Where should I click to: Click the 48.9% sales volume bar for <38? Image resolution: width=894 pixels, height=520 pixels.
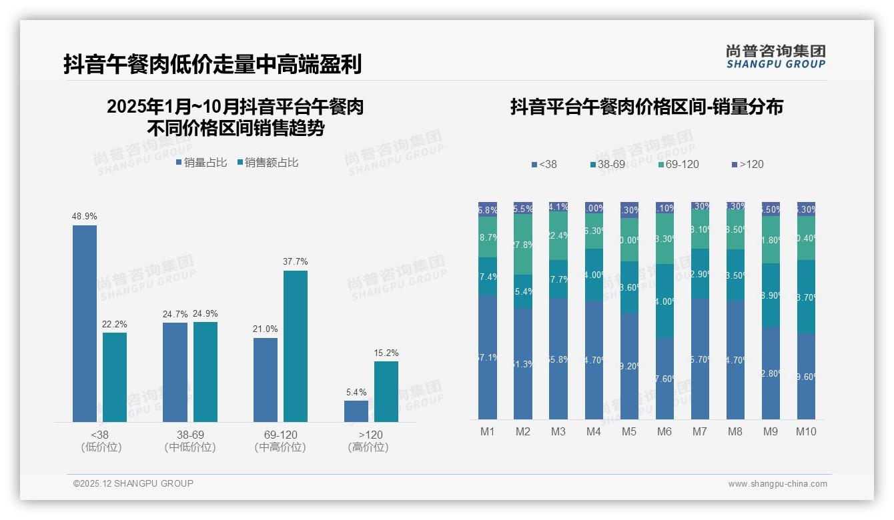click(x=85, y=323)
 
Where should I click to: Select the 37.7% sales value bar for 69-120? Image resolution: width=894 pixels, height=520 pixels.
click(x=296, y=346)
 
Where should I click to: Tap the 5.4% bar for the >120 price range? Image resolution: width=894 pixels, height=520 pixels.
click(x=356, y=411)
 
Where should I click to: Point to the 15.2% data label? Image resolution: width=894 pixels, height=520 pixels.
click(x=386, y=353)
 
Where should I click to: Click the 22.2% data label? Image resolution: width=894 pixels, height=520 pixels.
click(x=115, y=324)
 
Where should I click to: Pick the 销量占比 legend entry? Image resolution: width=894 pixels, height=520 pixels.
click(x=201, y=163)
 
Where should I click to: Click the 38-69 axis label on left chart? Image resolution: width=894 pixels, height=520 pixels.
click(x=189, y=435)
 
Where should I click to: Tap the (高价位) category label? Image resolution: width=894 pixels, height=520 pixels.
click(x=368, y=447)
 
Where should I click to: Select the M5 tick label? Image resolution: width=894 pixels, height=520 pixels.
click(x=629, y=432)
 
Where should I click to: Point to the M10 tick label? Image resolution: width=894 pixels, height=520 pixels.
click(x=806, y=432)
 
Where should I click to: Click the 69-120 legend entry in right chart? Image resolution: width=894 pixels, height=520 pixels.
click(x=678, y=164)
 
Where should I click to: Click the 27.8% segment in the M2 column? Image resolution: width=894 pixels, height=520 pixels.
click(x=523, y=245)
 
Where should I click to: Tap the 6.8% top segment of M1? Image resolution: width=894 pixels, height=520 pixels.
click(x=488, y=209)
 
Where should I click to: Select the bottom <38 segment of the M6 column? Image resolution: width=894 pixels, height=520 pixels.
click(x=664, y=378)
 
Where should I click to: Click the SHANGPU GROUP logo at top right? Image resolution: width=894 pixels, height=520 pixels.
click(x=775, y=57)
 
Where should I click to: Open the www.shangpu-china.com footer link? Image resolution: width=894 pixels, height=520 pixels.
click(x=777, y=484)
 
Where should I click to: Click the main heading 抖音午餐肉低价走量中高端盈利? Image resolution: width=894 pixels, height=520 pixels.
click(x=212, y=65)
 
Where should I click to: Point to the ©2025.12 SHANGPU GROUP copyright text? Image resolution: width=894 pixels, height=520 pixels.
click(x=133, y=483)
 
